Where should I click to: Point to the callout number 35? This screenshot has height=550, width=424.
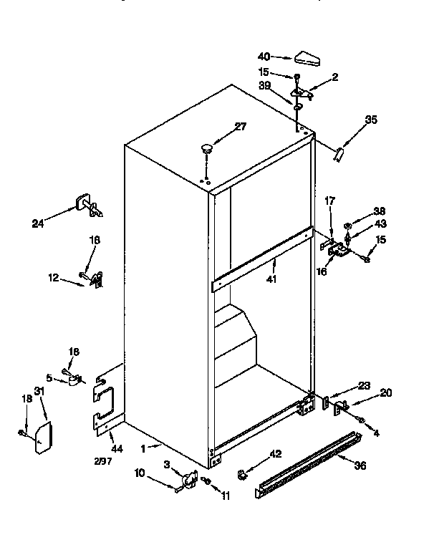click(x=370, y=120)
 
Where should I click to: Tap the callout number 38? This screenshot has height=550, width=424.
click(x=379, y=212)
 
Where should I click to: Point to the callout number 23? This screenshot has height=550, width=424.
click(x=364, y=385)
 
